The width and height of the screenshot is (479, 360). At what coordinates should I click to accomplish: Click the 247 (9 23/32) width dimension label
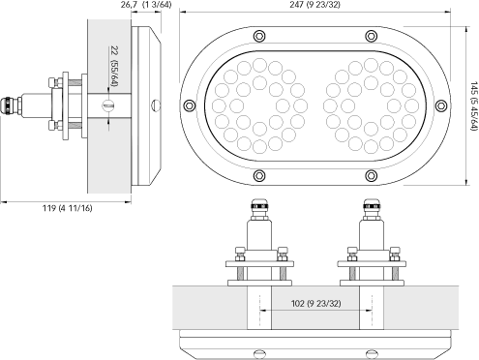(x=314, y=5)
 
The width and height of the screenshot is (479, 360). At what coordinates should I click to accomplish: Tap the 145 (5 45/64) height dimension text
(x=473, y=106)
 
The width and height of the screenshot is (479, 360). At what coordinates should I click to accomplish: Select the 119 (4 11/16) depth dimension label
(x=67, y=208)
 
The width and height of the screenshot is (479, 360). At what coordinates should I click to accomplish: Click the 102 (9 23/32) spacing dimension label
(x=315, y=303)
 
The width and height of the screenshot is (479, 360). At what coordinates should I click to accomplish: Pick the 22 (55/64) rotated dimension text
(x=114, y=66)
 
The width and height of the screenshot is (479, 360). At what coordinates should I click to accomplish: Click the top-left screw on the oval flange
(x=259, y=36)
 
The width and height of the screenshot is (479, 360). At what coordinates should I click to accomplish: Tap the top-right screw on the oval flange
(x=372, y=36)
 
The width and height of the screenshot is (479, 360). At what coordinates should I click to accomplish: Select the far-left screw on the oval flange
(x=189, y=105)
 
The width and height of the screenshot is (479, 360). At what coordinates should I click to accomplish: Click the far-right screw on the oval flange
(x=441, y=105)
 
